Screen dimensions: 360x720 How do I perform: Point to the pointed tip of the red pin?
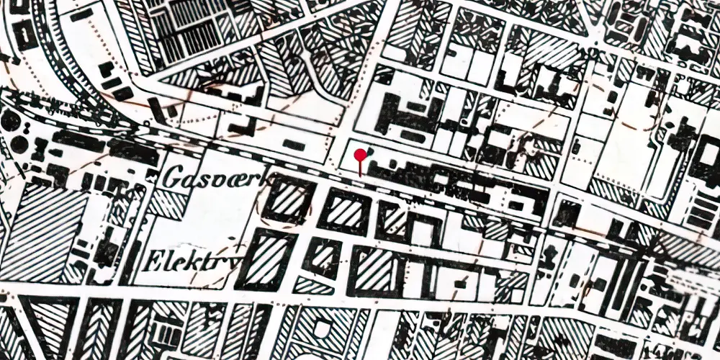360,174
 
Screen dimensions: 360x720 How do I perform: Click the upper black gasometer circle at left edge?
9,121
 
